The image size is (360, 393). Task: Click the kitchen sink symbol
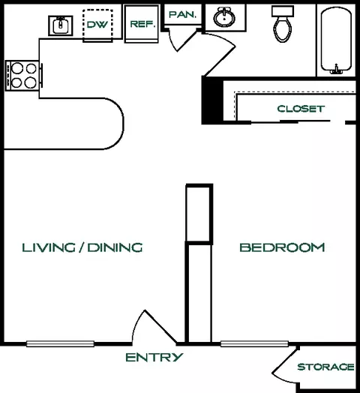(61, 25)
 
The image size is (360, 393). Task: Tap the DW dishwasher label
(97, 24)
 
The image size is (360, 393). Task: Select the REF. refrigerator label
(142, 24)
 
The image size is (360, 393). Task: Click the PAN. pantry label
(182, 14)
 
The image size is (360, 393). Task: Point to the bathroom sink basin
(224, 17)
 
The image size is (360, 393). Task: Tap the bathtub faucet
(336, 69)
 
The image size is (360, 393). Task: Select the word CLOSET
(301, 109)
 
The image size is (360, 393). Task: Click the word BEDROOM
(282, 247)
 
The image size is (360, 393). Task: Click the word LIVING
(49, 247)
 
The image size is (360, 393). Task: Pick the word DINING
(115, 247)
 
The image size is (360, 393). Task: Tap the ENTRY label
(154, 357)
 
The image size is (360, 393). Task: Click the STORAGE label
(325, 367)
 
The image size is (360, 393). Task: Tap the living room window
(61, 343)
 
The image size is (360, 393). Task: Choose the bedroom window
(254, 343)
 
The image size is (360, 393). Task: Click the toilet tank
(283, 11)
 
